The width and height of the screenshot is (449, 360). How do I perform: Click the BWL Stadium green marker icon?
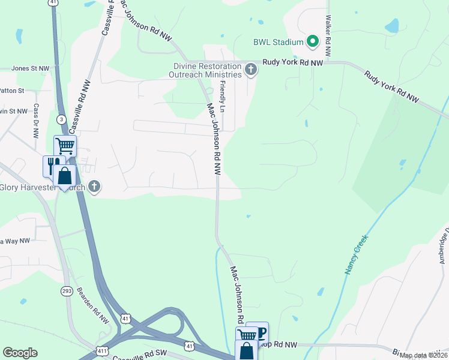click(x=312, y=41)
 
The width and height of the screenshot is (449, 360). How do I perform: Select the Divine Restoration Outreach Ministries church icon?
click(x=251, y=71)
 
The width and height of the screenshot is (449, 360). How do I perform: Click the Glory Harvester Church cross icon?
click(x=94, y=187)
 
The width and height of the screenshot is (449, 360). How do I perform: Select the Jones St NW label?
click(x=30, y=68)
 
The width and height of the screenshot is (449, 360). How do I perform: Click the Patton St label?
click(x=12, y=91)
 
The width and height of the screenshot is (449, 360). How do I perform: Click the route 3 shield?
click(x=62, y=121)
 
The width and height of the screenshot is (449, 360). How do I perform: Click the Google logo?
click(x=20, y=353)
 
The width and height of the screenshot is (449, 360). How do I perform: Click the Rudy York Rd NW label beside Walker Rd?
click(x=293, y=62)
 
